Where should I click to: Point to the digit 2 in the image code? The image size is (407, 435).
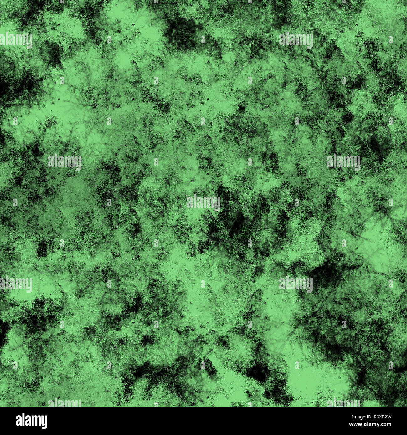coord(386,417)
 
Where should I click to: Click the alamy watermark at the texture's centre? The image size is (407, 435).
coord(203,202)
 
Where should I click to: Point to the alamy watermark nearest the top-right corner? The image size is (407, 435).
coord(296,40)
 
